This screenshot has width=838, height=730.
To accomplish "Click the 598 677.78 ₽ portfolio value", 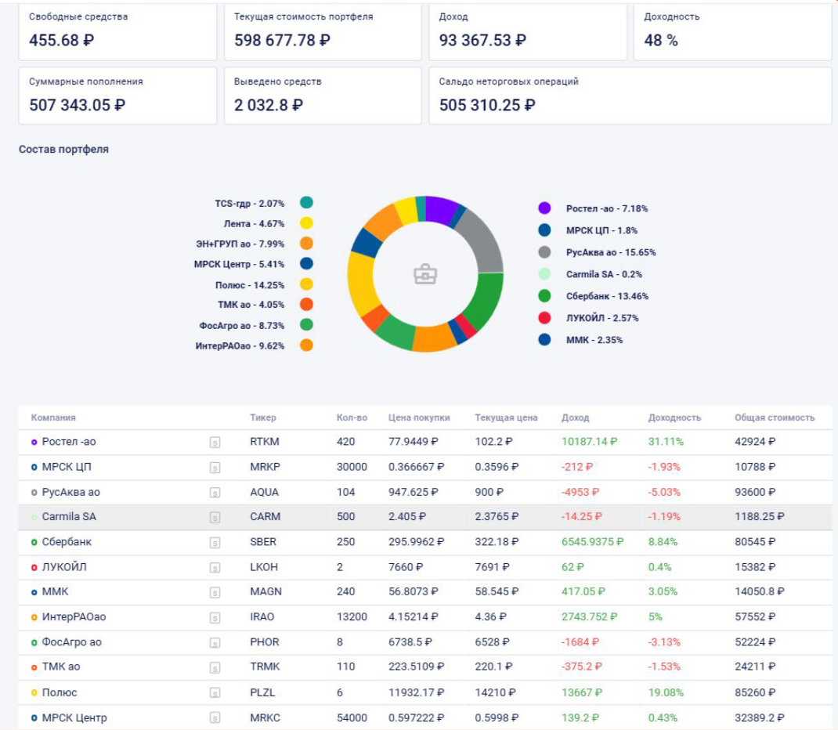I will pos(282,41).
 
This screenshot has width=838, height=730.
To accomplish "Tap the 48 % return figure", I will pos(661,41).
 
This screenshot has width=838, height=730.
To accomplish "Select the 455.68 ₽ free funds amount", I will pos(62,41).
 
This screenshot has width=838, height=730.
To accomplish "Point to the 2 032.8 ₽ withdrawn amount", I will pos(269,105).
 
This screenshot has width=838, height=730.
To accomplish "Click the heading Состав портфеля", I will pos(63,149).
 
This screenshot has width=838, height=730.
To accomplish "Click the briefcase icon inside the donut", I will pos(425,274).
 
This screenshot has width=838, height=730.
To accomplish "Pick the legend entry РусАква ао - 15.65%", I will pos(611,252).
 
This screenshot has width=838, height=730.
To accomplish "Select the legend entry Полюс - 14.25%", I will pos(250,285).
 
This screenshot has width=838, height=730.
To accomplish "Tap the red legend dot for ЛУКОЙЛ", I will pos(544,318).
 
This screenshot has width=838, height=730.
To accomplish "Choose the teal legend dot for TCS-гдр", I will pos(306,203).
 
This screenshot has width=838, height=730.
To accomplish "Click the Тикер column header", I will pos(263,417).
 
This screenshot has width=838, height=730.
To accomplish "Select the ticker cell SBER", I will pos(263,542).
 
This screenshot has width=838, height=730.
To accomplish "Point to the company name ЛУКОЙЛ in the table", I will pos(64,567).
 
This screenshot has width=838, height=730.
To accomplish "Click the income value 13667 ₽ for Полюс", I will pos(581,692).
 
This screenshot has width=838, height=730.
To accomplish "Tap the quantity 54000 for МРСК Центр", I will pos(352,717).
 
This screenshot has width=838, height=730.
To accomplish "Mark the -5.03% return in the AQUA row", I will pos(665,492).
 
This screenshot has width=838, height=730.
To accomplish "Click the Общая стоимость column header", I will pos(775,417).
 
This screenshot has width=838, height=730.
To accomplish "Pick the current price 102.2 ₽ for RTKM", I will pos(493,442).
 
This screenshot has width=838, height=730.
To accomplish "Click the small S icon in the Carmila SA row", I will pos(215,518).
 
